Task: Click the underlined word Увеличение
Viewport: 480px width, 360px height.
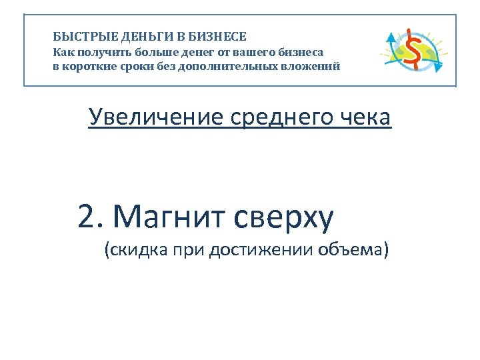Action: [x=157, y=117]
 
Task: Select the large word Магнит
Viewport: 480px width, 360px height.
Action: [x=170, y=216]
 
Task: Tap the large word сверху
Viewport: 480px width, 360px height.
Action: [x=283, y=217]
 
